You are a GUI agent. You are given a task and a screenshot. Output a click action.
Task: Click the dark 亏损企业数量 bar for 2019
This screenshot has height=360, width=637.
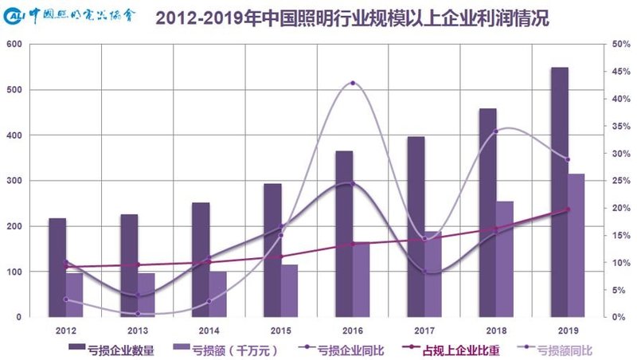(560, 192)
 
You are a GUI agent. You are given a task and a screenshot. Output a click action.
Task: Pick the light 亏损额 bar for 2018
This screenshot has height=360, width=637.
(505, 259)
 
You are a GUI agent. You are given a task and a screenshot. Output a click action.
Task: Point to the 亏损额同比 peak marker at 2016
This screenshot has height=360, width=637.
(352, 83)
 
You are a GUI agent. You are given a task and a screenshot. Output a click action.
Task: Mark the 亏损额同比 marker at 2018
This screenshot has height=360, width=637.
(495, 131)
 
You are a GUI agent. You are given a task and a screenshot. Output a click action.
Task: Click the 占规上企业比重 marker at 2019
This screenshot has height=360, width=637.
(568, 209)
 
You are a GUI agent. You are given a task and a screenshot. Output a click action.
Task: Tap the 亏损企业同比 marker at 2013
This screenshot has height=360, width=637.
(137, 295)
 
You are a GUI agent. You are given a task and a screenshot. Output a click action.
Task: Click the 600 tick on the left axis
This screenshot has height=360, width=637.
(14, 45)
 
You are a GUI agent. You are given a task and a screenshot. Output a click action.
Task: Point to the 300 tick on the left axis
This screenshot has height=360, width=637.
(14, 181)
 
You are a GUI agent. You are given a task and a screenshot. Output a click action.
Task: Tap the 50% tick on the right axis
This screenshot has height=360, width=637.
(621, 45)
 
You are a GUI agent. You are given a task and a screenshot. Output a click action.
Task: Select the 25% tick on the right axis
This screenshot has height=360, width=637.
(621, 181)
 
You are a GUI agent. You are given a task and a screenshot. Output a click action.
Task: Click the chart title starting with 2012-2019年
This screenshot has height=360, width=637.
(351, 18)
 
